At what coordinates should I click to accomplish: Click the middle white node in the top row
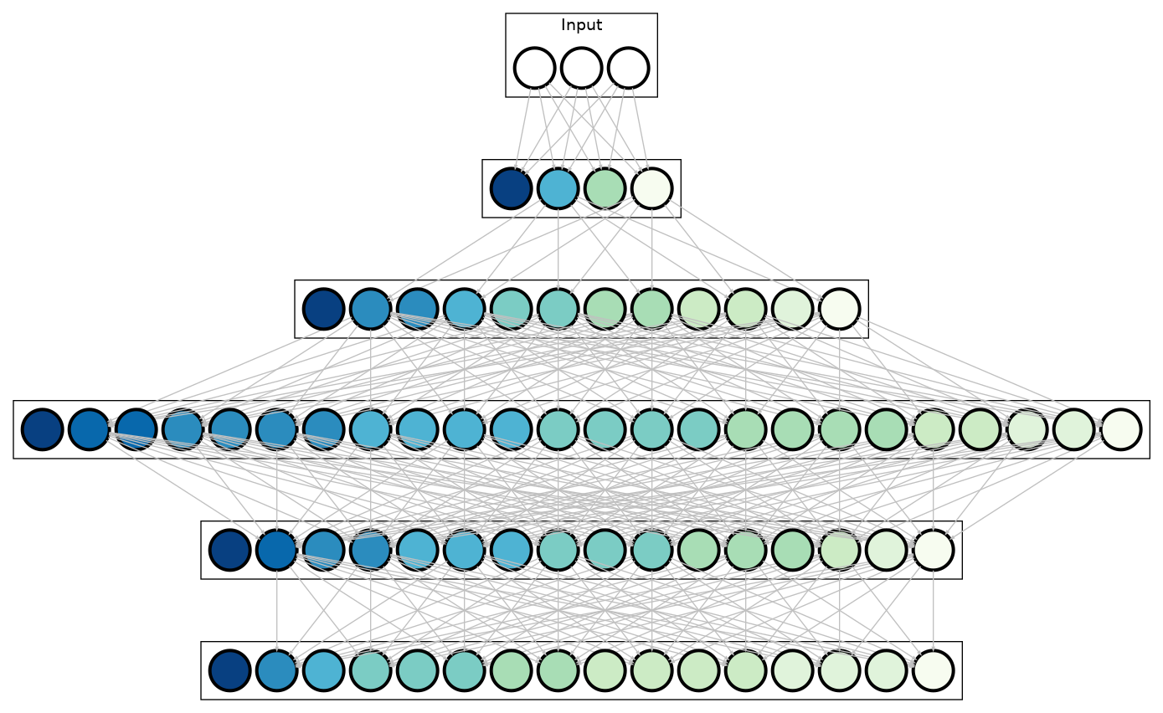coord(581,68)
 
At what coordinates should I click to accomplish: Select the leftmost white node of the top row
coord(534,68)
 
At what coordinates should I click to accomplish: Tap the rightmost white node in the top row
coord(628,68)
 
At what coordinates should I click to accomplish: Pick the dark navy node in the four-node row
coord(511,188)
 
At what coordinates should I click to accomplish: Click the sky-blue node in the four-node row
coord(558,188)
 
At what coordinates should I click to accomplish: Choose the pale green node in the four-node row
coord(605,188)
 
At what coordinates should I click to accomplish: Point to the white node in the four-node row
coord(651,188)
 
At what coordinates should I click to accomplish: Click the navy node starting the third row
coord(323,309)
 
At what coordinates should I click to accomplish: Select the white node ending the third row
coord(839,309)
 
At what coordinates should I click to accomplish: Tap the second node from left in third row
coord(370,309)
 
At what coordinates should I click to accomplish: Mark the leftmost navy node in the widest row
coord(42,429)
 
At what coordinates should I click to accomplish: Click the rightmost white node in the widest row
coord(1120,429)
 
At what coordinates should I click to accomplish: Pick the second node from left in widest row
coord(89,429)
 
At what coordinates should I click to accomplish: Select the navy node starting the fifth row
coord(229,550)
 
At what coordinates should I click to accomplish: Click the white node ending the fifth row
coord(933,550)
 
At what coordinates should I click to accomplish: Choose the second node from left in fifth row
coord(276,550)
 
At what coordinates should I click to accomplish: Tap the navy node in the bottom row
coord(229,670)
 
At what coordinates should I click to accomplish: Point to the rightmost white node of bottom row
coord(933,670)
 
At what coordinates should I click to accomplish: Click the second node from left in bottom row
coord(276,670)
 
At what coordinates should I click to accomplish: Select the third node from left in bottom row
coord(323,670)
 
